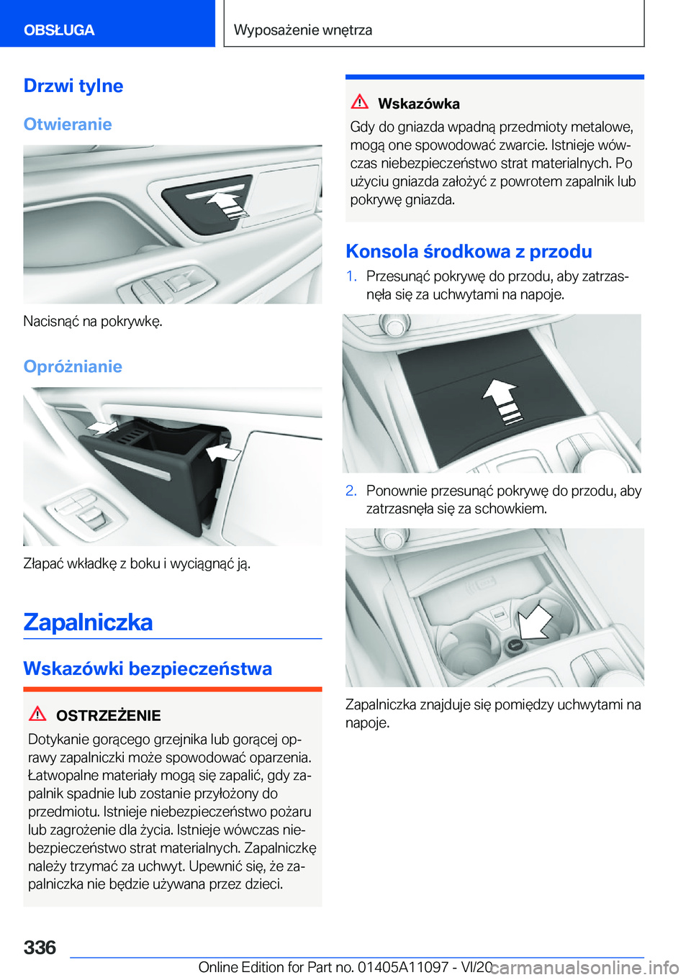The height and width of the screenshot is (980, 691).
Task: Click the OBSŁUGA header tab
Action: coord(59,30)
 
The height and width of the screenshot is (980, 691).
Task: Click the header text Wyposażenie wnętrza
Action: coord(303,30)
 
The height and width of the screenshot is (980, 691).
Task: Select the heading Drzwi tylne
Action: coord(73,86)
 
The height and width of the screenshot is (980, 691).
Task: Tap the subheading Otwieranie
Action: coord(68,124)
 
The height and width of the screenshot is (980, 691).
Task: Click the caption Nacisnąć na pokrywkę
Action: coord(93,321)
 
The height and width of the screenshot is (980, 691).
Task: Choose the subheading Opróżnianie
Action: coord(73,366)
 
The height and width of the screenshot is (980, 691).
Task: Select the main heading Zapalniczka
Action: coord(88,622)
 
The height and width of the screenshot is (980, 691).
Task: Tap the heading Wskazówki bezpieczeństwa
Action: coord(148,668)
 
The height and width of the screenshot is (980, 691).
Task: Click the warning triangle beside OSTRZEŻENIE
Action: coord(37,714)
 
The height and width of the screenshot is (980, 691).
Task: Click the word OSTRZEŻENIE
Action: coord(108,715)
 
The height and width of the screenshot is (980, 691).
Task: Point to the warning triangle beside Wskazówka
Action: coord(359,102)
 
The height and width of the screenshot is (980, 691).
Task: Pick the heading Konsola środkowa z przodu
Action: coord(469,251)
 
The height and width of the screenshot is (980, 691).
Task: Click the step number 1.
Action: coord(351,276)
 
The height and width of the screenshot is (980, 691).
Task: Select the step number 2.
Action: coord(351,491)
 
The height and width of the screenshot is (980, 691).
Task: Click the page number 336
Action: coord(40,948)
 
